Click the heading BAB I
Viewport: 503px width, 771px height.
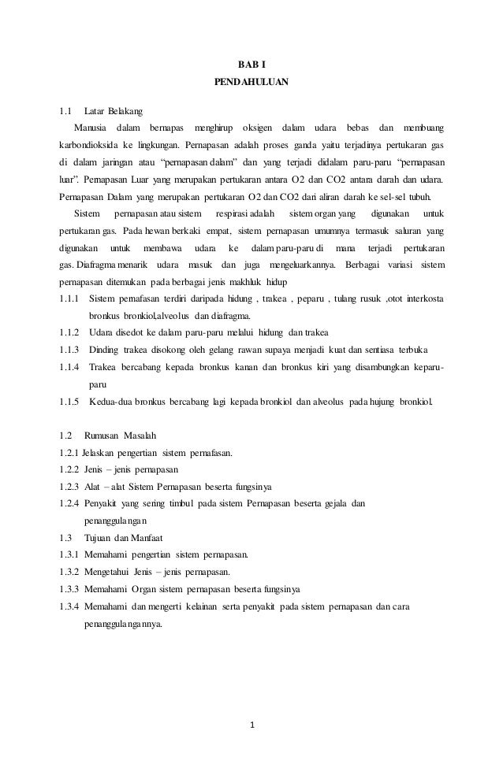coord(251,65)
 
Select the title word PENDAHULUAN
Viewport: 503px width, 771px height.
coord(251,82)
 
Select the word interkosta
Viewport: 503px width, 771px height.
coord(422,299)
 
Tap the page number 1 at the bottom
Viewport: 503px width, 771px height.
coord(251,725)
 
